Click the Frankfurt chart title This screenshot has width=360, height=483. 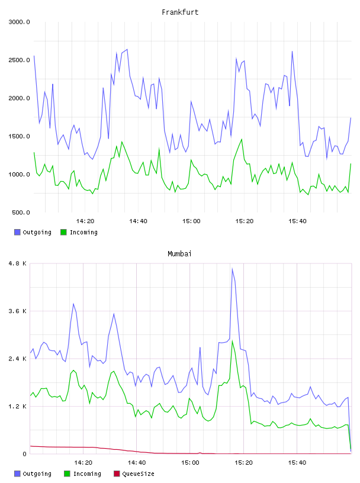(x=180, y=12)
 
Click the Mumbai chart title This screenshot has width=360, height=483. (x=179, y=254)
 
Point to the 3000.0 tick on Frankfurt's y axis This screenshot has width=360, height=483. (x=19, y=22)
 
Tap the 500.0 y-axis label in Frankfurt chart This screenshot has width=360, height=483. (x=21, y=212)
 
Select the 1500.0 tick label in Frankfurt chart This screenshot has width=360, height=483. (x=19, y=137)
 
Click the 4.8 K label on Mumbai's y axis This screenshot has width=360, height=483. (x=18, y=263)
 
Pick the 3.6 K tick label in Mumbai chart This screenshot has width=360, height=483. (x=18, y=311)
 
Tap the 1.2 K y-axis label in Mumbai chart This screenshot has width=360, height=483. (x=18, y=407)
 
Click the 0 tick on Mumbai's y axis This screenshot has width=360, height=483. (x=25, y=454)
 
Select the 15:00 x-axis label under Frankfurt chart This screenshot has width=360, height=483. (x=191, y=221)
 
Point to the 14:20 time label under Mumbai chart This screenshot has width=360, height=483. (x=83, y=463)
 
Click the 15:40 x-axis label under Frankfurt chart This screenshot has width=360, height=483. (x=297, y=221)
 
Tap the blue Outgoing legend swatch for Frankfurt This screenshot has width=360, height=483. (x=17, y=232)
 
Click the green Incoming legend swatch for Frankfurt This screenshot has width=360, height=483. (x=63, y=232)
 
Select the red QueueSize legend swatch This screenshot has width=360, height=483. (x=117, y=474)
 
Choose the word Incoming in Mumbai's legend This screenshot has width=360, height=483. (x=87, y=474)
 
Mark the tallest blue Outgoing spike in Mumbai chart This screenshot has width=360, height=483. (x=232, y=269)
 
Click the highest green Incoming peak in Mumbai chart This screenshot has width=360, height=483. (x=232, y=341)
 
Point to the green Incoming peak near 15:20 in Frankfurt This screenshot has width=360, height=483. (x=242, y=139)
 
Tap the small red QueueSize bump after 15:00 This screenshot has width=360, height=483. (x=200, y=453)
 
